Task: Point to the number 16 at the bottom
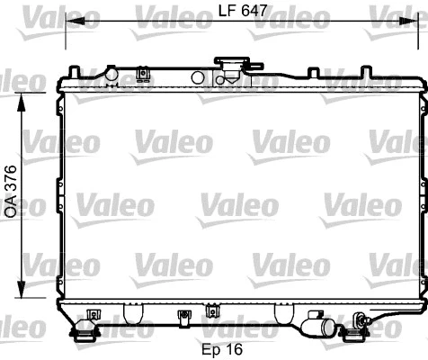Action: pyautogui.click(x=236, y=348)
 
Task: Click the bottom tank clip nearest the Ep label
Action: pyautogui.click(x=212, y=311)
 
